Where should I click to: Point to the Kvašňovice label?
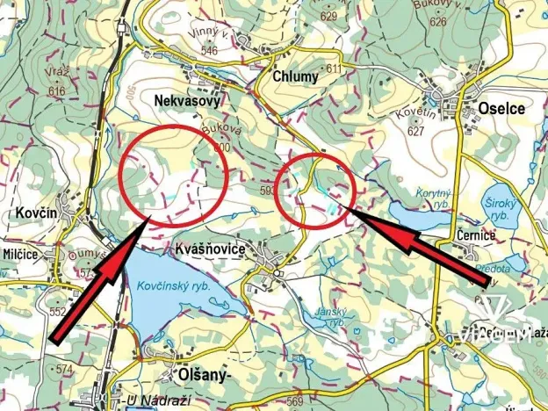[209, 249]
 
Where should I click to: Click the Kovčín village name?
[34, 213]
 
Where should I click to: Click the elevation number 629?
[328, 16]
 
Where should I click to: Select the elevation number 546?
[210, 51]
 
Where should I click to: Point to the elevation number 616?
[58, 91]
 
